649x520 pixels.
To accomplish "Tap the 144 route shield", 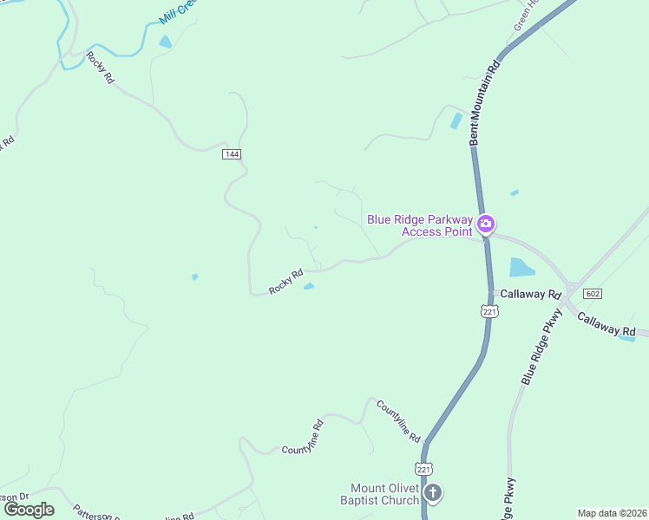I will click(x=231, y=153).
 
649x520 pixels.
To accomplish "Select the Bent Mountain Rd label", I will click(x=484, y=102).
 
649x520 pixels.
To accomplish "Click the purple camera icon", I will click(x=486, y=225).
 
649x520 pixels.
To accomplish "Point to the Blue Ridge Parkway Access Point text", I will click(x=420, y=225).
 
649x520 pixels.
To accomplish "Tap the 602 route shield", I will click(x=593, y=294).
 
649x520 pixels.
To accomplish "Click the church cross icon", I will click(x=432, y=493).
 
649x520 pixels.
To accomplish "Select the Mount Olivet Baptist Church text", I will click(x=384, y=494).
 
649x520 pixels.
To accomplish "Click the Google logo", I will click(x=29, y=510).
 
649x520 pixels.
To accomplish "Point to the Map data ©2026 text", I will click(x=612, y=513).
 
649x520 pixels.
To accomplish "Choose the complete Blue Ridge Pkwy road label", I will click(x=541, y=345).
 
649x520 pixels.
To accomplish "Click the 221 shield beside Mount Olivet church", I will click(x=423, y=468).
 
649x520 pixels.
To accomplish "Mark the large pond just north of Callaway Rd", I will click(x=521, y=268).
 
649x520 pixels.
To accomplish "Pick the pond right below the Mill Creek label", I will click(x=165, y=41).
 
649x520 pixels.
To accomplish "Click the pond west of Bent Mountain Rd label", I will click(x=456, y=121).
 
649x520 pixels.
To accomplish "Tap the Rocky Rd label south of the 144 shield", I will click(x=285, y=282).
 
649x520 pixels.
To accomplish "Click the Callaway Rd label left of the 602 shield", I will click(x=528, y=295).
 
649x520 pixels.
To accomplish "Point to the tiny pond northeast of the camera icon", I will click(x=515, y=192).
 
